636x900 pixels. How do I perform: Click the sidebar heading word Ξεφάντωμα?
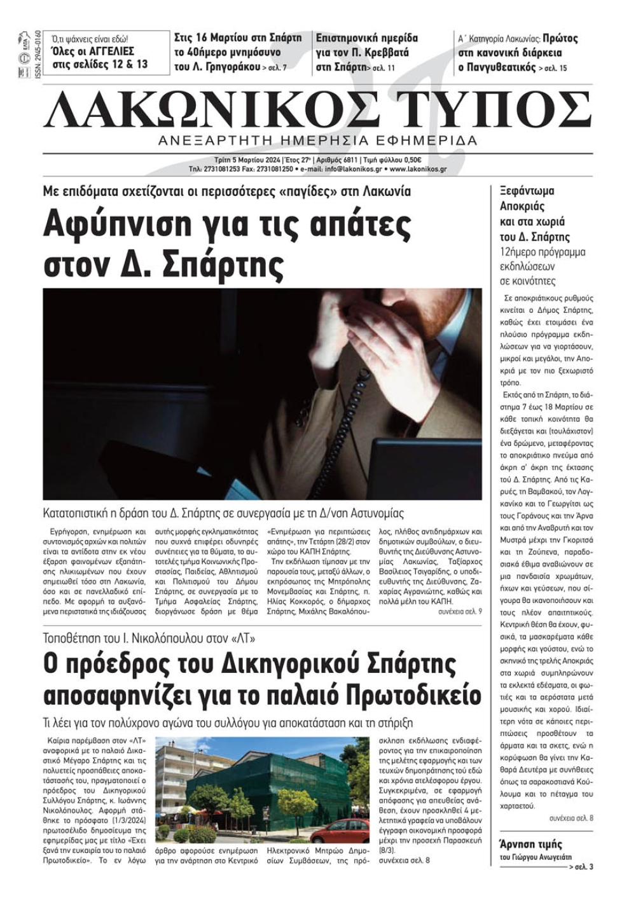tap(527, 191)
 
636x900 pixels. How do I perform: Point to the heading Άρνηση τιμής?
tap(531, 845)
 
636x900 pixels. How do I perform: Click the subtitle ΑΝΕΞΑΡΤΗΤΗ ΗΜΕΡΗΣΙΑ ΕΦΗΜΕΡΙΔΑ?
tap(318, 141)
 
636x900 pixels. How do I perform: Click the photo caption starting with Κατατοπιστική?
tap(223, 513)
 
